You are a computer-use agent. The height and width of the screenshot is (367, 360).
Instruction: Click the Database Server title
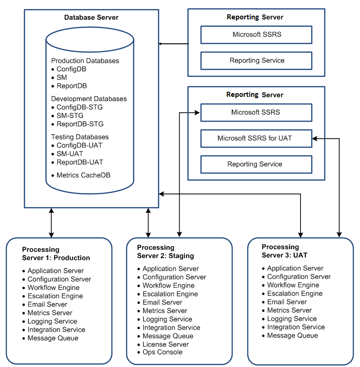point(91,18)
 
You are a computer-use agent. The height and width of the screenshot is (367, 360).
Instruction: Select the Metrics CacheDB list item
point(84,175)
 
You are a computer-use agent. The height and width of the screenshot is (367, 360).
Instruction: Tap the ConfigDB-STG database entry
point(80,107)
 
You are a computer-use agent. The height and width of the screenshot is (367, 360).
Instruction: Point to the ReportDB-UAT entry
point(80,162)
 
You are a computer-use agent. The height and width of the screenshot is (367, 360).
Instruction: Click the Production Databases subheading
point(85,61)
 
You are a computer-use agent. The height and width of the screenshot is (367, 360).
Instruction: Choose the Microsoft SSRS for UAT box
point(256,138)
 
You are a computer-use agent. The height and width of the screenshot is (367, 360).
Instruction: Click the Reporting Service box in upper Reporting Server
point(256,60)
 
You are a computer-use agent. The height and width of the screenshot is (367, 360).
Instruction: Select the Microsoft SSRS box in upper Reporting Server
point(256,35)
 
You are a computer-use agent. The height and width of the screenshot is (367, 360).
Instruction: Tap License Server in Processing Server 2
point(166,344)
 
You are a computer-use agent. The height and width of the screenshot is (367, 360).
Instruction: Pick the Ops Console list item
point(162,352)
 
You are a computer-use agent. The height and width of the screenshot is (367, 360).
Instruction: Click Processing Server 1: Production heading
point(56,254)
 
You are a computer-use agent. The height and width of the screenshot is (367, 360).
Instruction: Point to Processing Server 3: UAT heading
point(284,251)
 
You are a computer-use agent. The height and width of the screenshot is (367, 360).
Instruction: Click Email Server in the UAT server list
point(287,302)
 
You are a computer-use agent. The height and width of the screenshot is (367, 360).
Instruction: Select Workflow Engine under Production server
point(54,287)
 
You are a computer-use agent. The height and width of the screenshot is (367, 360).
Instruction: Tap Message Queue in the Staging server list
point(168,336)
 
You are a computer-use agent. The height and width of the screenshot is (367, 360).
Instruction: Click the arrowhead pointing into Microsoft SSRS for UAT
point(315,139)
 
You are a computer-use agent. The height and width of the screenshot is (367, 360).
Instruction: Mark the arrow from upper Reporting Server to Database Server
point(174,44)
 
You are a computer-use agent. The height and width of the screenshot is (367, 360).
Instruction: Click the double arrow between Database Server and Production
point(51,223)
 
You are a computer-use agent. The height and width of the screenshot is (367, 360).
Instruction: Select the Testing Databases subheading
point(80,137)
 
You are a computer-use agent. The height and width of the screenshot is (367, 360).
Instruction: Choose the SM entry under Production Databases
point(62,77)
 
